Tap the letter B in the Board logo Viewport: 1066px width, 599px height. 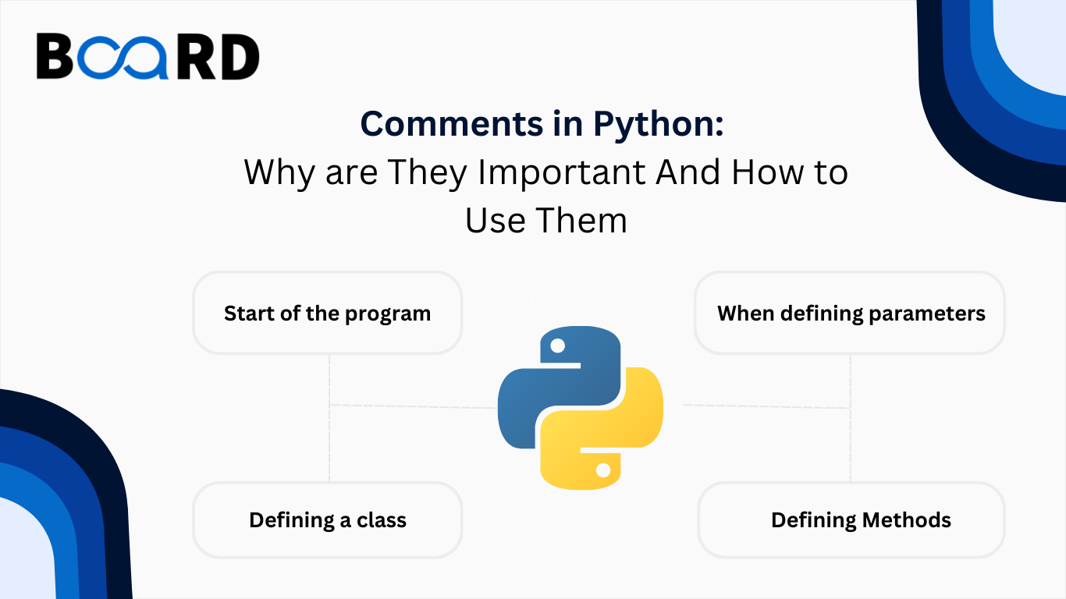point(55,55)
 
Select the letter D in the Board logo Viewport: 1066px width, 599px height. point(240,57)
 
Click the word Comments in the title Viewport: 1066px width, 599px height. point(451,124)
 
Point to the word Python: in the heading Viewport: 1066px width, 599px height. point(659,126)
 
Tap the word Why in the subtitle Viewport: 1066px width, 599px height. point(279,173)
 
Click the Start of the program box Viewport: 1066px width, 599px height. point(328,313)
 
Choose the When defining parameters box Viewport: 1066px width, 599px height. point(850,313)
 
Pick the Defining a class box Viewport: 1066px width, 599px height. point(328,519)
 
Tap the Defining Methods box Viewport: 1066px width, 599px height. point(851,519)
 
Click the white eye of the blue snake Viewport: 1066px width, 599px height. point(557,346)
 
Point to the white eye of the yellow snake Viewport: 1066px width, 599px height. point(603,470)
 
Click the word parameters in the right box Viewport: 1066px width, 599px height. point(927,314)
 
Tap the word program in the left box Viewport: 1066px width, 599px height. point(388,314)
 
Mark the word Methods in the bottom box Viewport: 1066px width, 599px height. point(907,520)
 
